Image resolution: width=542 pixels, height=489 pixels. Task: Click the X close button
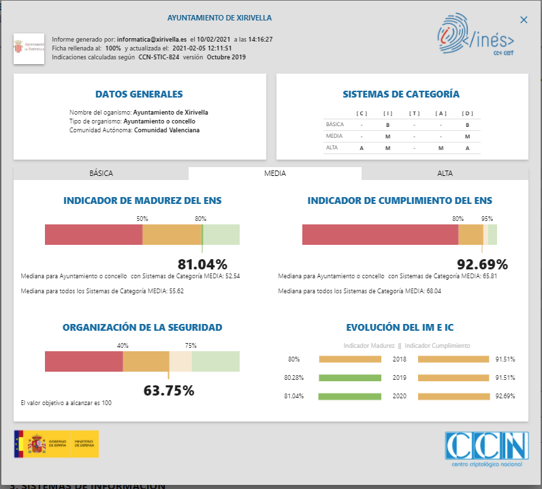pos(523,21)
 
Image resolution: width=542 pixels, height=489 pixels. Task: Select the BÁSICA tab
pos(101,173)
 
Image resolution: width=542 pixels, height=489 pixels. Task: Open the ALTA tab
pos(445,173)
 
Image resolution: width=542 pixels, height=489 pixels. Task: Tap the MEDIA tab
pos(275,173)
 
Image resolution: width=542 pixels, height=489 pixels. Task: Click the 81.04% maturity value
pos(202,265)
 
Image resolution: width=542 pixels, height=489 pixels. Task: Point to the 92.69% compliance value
pos(483,265)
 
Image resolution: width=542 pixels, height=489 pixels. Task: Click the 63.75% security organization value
pos(169,391)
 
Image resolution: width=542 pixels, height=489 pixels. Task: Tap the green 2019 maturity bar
pos(349,377)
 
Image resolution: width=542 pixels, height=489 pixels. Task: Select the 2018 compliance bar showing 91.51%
pos(453,359)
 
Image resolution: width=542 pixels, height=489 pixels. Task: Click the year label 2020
pos(400,396)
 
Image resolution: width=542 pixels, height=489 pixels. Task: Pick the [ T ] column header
pos(415,113)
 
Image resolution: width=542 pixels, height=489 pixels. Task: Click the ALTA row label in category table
pos(332,147)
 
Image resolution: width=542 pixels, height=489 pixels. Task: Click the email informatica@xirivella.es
pos(152,40)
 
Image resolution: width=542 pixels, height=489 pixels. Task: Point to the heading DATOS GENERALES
pos(139,94)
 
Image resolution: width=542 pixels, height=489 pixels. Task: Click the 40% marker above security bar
pos(123,346)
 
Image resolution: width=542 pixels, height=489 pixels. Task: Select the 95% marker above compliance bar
pos(487,219)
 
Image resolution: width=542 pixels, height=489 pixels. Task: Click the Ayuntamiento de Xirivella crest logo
pos(29,48)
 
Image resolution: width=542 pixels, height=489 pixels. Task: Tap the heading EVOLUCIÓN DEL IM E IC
pos(400,327)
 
